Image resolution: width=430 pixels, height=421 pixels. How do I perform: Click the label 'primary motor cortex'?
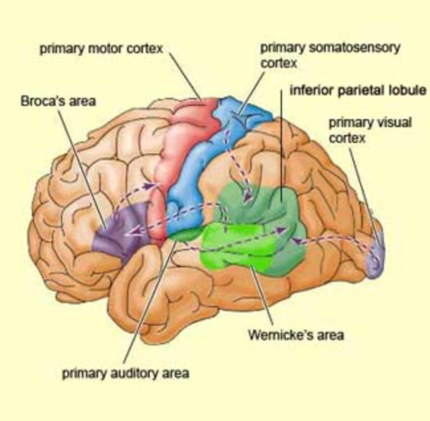tap(101, 49)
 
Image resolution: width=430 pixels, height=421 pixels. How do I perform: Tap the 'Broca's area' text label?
tap(58, 101)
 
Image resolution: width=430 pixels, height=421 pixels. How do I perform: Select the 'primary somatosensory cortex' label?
tap(330, 56)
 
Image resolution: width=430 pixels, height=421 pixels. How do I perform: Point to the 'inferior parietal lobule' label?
tap(358, 90)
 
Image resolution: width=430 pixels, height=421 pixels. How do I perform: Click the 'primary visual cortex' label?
tap(370, 130)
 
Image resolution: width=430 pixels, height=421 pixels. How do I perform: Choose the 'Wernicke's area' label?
tap(296, 335)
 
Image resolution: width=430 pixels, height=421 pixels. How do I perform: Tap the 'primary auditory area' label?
tap(125, 373)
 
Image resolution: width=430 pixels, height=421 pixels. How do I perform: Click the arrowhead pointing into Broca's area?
tap(130, 234)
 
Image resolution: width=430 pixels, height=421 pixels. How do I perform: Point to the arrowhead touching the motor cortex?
tap(150, 186)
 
